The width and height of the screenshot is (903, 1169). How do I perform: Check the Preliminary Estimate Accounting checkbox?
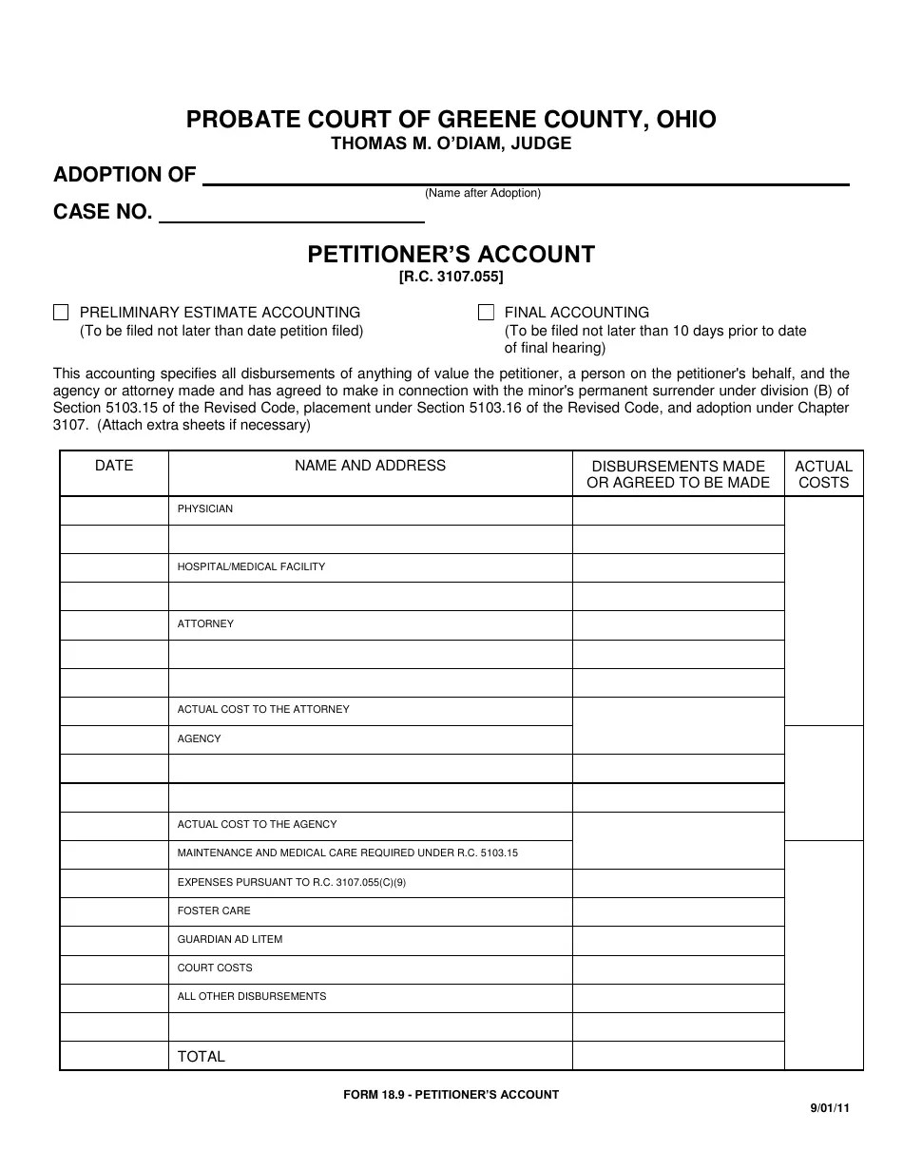click(x=62, y=313)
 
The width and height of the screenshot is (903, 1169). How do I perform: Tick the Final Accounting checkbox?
click(x=486, y=313)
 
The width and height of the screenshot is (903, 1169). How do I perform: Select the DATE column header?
click(x=114, y=466)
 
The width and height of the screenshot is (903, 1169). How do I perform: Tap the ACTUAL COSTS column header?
click(x=823, y=473)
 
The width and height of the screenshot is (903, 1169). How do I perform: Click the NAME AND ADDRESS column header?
click(x=370, y=466)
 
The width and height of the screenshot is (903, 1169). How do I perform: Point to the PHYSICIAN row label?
click(x=205, y=509)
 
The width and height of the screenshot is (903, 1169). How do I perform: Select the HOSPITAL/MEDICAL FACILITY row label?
click(x=251, y=566)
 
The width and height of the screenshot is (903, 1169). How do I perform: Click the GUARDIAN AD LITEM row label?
click(x=230, y=939)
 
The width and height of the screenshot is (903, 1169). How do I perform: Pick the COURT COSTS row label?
click(x=215, y=968)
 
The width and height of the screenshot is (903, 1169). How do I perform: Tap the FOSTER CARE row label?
click(x=214, y=910)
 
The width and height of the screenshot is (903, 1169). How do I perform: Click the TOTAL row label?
click(x=202, y=1056)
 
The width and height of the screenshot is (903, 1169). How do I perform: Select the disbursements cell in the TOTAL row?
click(x=678, y=1056)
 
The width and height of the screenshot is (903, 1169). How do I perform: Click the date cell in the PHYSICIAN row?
click(x=114, y=510)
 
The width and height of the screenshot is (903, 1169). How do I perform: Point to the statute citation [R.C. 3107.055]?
click(x=451, y=278)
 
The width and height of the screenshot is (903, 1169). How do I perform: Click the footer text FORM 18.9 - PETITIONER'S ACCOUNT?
click(x=451, y=1095)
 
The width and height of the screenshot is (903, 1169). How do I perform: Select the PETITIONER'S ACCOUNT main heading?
click(x=451, y=254)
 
